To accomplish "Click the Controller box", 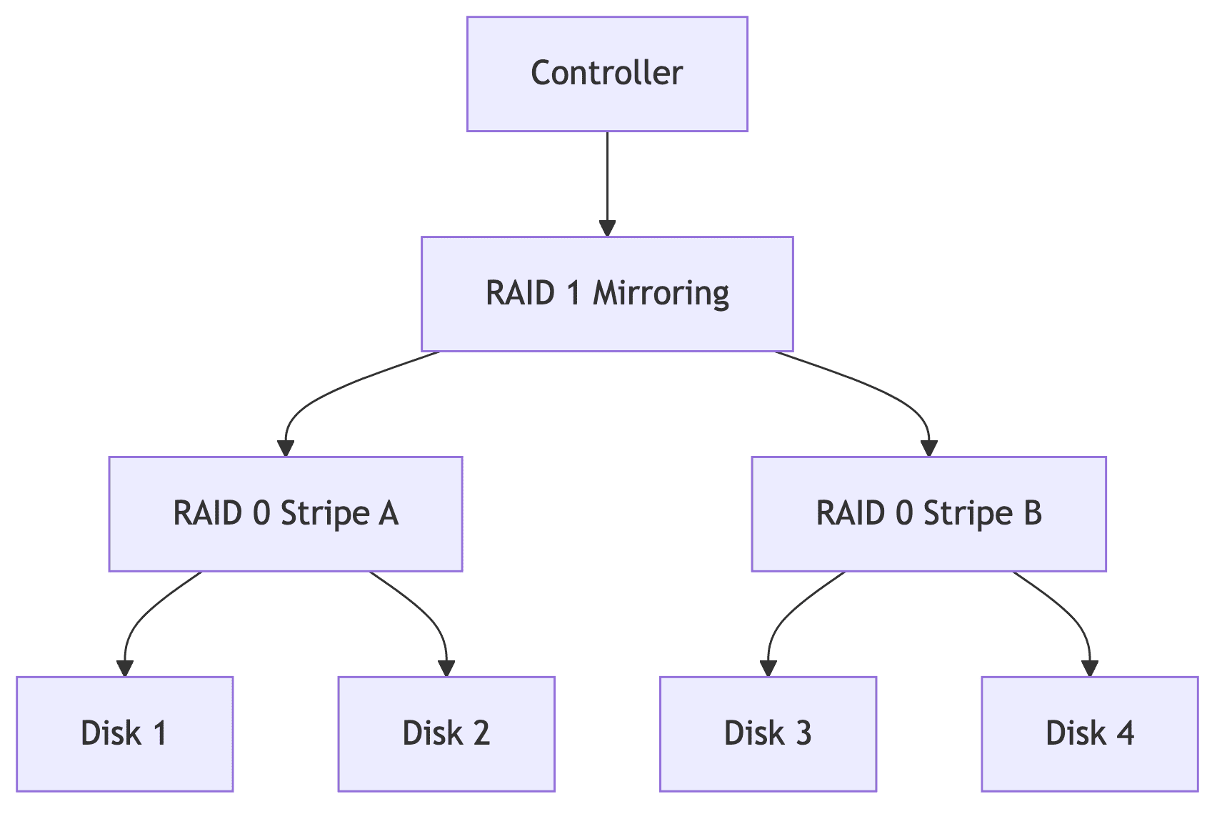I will pyautogui.click(x=607, y=74).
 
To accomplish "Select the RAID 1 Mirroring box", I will pyautogui.click(x=607, y=294).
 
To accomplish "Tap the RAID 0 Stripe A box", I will pyautogui.click(x=286, y=514).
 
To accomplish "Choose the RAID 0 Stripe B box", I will pyautogui.click(x=928, y=514).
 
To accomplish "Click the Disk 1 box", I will pyautogui.click(x=124, y=734).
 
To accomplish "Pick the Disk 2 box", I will pyautogui.click(x=446, y=734).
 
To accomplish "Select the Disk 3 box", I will pyautogui.click(x=768, y=734).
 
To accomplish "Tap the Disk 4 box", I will pyautogui.click(x=1089, y=734).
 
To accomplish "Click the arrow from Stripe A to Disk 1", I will pyautogui.click(x=143, y=615).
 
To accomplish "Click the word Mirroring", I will pyautogui.click(x=661, y=294).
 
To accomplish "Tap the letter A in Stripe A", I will pyautogui.click(x=388, y=514).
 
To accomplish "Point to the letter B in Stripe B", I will pyautogui.click(x=1032, y=514).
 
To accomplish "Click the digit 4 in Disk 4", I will pyautogui.click(x=1126, y=734).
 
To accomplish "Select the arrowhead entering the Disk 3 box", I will pyautogui.click(x=768, y=668).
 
